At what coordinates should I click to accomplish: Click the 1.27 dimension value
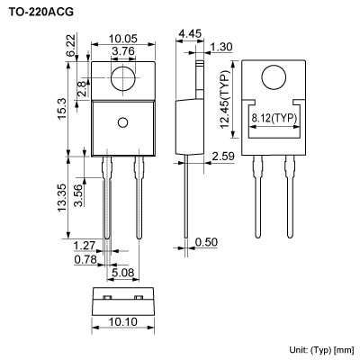(84, 245)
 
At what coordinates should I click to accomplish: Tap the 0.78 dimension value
(84, 260)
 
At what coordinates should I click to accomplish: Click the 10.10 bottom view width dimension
(125, 321)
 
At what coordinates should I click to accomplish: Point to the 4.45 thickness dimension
(189, 34)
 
